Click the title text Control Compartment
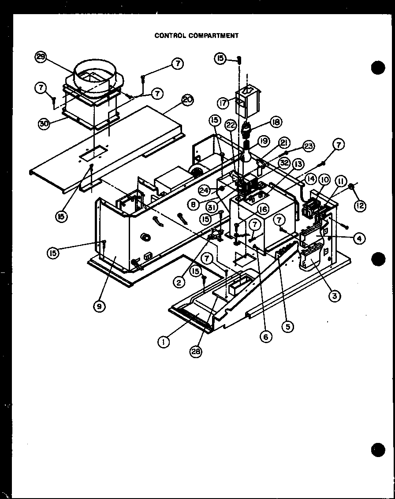click(x=196, y=35)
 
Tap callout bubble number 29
click(x=41, y=58)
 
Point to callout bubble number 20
click(x=187, y=100)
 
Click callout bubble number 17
click(x=224, y=103)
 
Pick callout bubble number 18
click(x=276, y=122)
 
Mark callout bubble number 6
click(x=266, y=336)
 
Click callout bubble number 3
click(x=334, y=296)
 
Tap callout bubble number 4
click(x=359, y=239)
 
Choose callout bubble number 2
click(x=179, y=282)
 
